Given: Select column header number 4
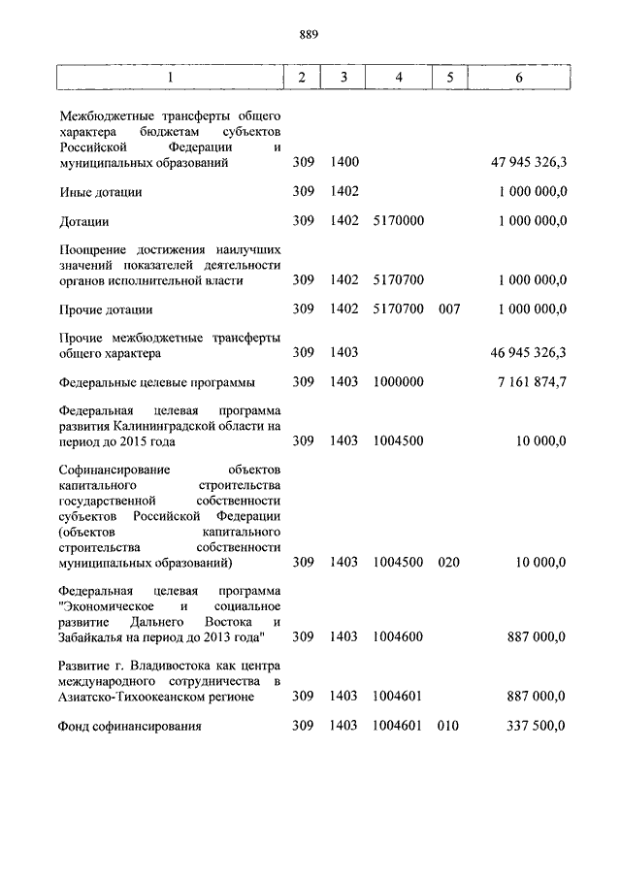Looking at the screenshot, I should (399, 78).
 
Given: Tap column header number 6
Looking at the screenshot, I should (519, 78).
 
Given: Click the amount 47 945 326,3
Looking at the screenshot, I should (529, 163).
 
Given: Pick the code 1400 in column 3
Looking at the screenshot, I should (344, 163).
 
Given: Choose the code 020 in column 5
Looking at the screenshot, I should (447, 562).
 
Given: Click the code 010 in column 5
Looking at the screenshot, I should (447, 725).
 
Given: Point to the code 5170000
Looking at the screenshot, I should (399, 221).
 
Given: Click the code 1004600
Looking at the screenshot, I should (399, 636).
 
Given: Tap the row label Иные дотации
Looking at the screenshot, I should (100, 192).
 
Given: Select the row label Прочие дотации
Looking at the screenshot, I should (106, 309).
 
